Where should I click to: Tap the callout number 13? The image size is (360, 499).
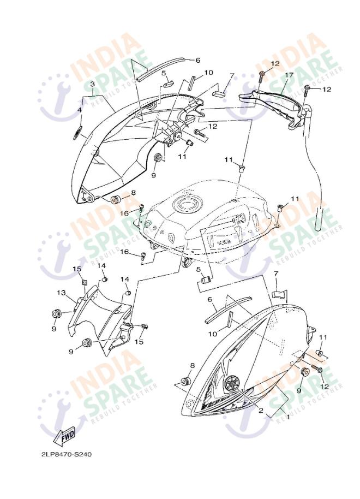(x=61, y=292)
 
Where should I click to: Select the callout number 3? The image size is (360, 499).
(x=92, y=84)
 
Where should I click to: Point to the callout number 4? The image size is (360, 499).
(x=80, y=110)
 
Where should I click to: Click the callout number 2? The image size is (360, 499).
(x=261, y=410)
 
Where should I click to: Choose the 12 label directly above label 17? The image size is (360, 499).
(x=275, y=63)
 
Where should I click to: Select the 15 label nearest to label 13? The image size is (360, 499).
(x=77, y=269)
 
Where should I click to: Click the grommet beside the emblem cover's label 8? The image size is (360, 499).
(x=185, y=381)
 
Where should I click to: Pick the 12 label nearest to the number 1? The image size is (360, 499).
(x=325, y=387)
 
